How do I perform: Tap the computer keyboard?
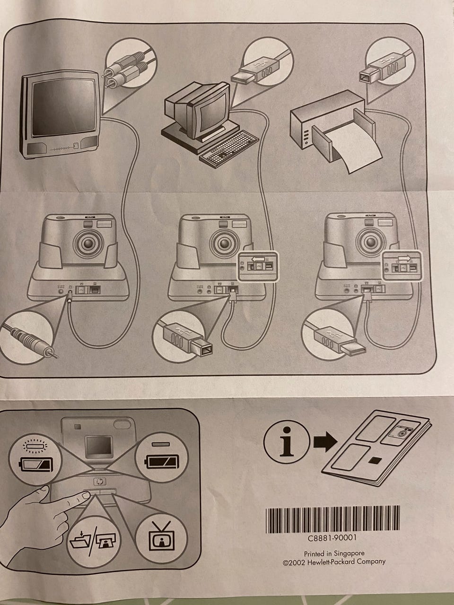(229, 148)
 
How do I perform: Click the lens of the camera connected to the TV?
(88, 243)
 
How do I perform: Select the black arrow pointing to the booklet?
(325, 442)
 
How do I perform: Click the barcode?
(333, 520)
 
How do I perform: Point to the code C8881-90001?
(332, 538)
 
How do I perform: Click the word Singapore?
(349, 553)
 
